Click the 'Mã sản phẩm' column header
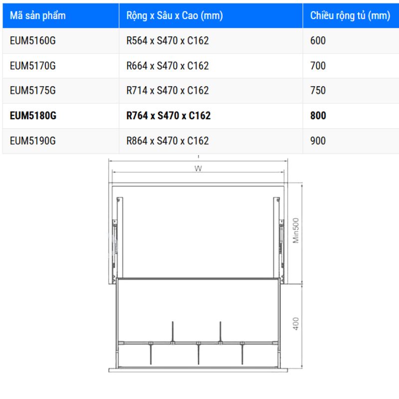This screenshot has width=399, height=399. click(x=38, y=16)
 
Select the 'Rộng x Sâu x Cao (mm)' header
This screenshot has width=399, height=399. click(x=175, y=16)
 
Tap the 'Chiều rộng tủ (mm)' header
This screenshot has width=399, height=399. click(x=350, y=16)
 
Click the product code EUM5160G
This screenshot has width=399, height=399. click(x=32, y=41)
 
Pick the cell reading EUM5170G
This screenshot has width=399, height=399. click(x=32, y=66)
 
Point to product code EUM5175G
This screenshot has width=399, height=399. click(x=32, y=91)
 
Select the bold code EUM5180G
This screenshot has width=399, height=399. click(x=33, y=116)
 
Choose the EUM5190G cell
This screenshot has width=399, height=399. click(x=32, y=141)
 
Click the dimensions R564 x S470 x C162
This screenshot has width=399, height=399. click(x=168, y=41)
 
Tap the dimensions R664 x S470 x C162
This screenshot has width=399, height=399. click(x=168, y=66)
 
